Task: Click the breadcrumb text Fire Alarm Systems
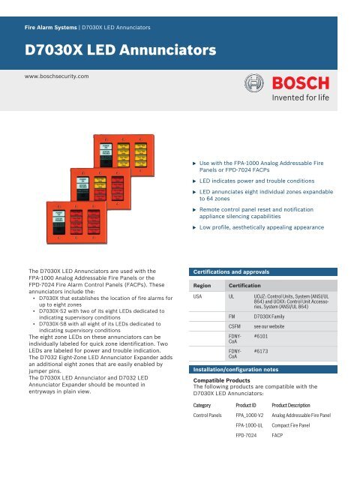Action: [51, 27]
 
